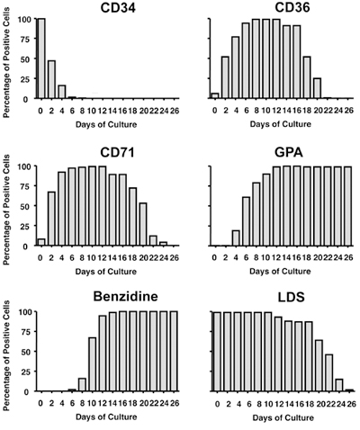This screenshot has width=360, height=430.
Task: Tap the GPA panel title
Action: coord(275,155)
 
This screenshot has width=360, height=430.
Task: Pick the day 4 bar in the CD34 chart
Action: coord(63,92)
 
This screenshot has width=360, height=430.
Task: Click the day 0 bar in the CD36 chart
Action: coord(214,95)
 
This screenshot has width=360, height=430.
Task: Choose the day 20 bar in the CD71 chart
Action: coord(142,224)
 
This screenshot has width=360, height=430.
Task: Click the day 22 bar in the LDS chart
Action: coord(328,373)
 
